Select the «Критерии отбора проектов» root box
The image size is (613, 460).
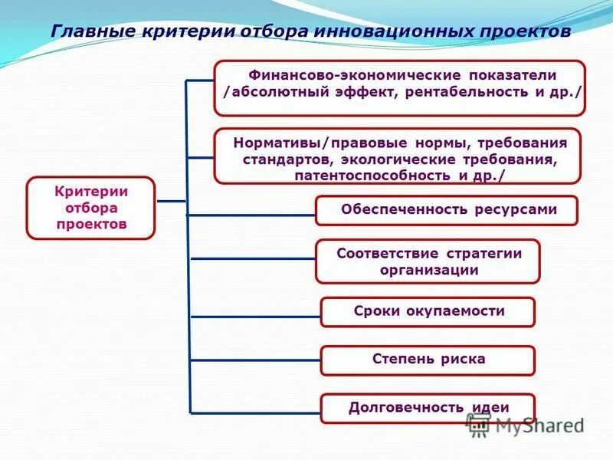click(x=90, y=208)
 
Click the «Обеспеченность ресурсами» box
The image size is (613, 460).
click(x=447, y=210)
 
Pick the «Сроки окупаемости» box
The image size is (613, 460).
click(x=428, y=312)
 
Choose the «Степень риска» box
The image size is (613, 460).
click(x=428, y=360)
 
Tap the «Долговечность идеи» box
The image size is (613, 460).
click(x=428, y=409)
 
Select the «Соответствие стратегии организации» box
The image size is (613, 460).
click(x=428, y=261)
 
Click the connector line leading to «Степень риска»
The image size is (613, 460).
click(x=255, y=360)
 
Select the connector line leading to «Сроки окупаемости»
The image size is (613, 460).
click(x=255, y=316)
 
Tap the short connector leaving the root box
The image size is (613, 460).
click(x=171, y=201)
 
